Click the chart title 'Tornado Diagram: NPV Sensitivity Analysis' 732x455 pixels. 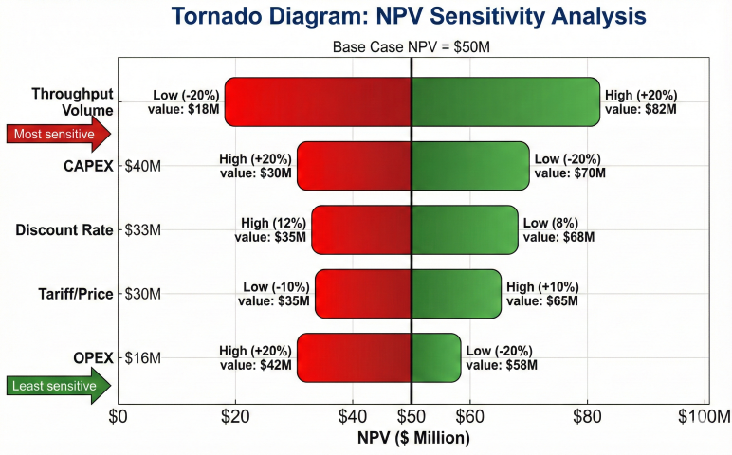[411, 16]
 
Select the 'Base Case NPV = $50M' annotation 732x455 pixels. [411, 46]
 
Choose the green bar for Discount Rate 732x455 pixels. [465, 229]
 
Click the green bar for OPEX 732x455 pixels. [436, 357]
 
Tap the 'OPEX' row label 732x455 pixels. [93, 357]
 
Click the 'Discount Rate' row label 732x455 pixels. [64, 230]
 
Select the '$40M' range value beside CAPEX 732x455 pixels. [143, 166]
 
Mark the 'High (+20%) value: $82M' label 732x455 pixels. [641, 102]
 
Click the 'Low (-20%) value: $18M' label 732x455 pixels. [184, 102]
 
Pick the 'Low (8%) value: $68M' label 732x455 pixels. [558, 230]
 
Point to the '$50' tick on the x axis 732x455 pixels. [411, 415]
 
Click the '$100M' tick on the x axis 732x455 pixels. [705, 415]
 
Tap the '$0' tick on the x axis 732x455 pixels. [118, 415]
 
